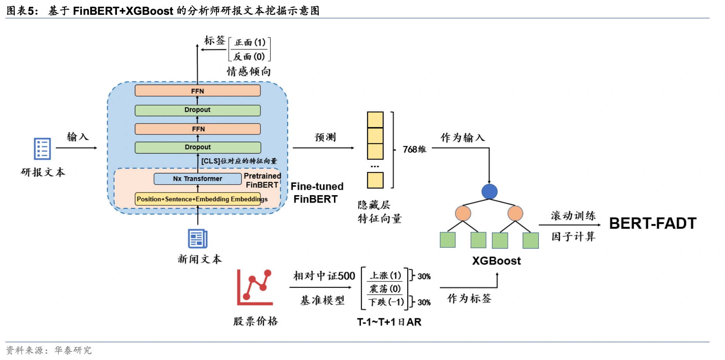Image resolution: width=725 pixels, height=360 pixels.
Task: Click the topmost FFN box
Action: point(198,91)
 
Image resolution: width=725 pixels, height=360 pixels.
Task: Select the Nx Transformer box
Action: point(198,179)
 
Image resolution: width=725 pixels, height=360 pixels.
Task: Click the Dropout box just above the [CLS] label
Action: point(198,147)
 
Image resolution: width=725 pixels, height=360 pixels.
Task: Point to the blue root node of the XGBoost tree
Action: point(489,192)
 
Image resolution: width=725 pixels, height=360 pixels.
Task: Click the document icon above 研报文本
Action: point(42,149)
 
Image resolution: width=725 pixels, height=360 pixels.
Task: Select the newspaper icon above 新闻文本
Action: point(198,238)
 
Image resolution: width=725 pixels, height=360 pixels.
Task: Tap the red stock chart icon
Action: point(255,288)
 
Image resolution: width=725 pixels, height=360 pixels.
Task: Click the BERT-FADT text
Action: point(652,224)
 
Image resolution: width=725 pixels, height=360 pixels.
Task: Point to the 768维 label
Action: point(414,150)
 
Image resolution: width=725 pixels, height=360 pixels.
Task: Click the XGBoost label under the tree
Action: point(496,261)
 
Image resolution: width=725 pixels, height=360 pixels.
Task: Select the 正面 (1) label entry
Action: point(249,42)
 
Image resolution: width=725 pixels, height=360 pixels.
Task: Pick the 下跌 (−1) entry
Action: point(386,302)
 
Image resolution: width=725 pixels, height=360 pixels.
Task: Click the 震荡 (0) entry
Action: point(385,289)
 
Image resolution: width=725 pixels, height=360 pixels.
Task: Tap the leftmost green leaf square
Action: point(447,240)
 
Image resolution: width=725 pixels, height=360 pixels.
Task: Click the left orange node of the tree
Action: point(463,214)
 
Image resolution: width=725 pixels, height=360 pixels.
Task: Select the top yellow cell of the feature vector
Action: point(375,120)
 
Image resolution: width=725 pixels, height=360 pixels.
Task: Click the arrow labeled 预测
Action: point(323,148)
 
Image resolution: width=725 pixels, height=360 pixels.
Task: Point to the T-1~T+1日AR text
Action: point(389,322)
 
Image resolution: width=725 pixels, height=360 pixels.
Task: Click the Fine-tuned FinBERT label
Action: point(317,193)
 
